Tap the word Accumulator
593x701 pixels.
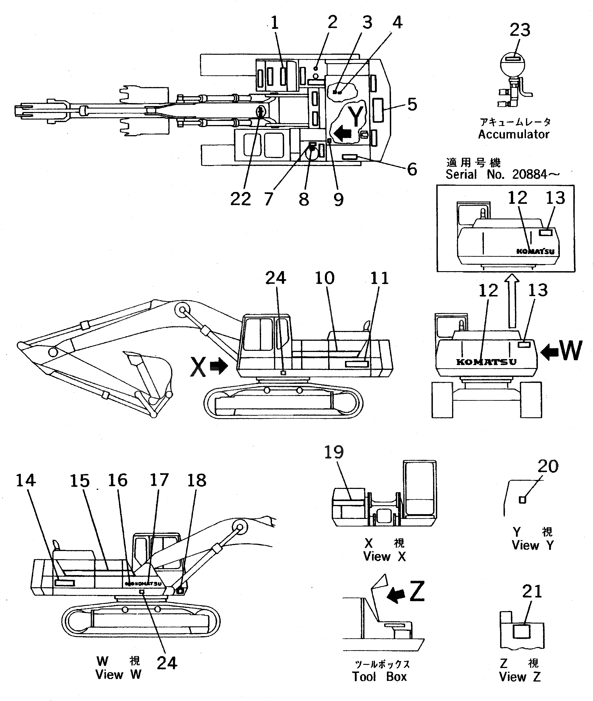click(514, 134)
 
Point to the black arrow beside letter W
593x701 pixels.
click(549, 352)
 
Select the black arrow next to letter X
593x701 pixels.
click(218, 366)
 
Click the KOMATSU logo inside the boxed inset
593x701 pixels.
click(535, 251)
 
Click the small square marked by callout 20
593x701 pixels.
click(522, 500)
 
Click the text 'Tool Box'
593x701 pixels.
click(379, 676)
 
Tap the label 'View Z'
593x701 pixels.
click(520, 677)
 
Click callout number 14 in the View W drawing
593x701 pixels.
click(26, 480)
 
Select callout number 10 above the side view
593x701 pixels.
click(324, 278)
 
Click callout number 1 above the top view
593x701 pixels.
click(275, 23)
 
